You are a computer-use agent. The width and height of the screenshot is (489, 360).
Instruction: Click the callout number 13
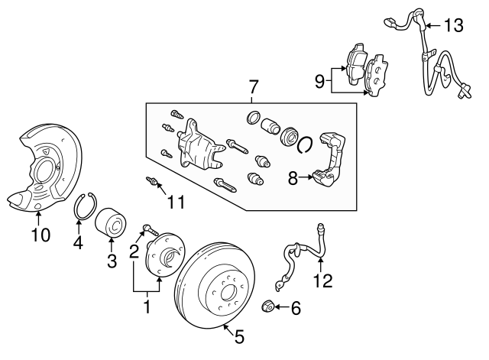tap(453, 26)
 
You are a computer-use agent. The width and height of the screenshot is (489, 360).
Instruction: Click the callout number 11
tap(176, 203)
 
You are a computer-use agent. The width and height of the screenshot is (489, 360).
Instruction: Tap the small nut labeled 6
tap(267, 306)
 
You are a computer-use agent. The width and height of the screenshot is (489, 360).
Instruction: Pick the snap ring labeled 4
tap(84, 207)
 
